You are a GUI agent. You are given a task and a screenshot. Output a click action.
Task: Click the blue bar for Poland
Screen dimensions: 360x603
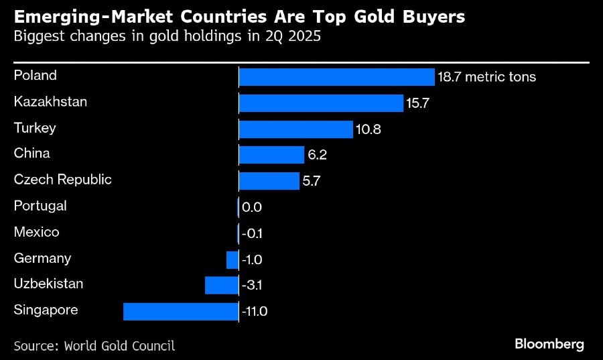coord(336,77)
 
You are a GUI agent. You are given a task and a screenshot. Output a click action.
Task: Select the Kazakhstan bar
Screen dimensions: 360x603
coord(321,103)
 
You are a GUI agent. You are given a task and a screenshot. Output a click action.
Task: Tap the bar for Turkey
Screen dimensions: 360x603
coord(295,129)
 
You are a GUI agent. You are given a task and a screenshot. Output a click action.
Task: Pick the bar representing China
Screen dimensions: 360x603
coord(271,156)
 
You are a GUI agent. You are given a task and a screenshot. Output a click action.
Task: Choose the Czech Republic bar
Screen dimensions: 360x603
coord(269,181)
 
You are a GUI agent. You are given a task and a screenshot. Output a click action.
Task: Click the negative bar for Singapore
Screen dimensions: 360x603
coord(181,312)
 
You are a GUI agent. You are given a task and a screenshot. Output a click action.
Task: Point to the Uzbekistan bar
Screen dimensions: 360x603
coord(222,286)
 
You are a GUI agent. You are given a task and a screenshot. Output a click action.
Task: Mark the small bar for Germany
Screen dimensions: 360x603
coord(232,259)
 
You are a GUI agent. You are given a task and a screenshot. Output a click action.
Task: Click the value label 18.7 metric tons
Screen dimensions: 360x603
coord(486,77)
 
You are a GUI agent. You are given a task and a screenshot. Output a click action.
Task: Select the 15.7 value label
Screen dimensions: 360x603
coord(417,103)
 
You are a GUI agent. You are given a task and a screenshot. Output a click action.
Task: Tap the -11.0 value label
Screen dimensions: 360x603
coord(255,312)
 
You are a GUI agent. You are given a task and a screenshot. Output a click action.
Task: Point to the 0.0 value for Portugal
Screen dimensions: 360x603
coord(252,207)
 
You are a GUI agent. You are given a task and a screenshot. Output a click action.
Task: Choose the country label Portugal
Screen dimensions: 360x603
coord(40,206)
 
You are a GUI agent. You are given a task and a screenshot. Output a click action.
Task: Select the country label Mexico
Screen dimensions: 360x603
coord(37,232)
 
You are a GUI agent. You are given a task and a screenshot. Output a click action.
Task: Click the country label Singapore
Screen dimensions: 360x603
coord(46,310)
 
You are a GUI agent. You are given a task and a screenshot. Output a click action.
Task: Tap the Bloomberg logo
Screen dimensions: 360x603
coord(549,344)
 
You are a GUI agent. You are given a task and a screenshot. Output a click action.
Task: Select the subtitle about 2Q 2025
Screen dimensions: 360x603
coord(167,37)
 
